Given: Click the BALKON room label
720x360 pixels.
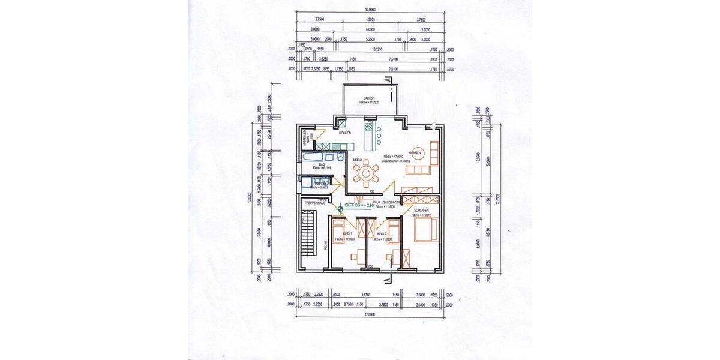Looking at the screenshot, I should [368, 98].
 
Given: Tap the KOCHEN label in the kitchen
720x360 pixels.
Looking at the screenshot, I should [344, 133].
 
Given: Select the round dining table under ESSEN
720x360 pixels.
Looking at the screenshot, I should [365, 174].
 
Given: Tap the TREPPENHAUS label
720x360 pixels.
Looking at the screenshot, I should [314, 203].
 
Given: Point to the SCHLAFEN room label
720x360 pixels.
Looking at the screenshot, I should [421, 210].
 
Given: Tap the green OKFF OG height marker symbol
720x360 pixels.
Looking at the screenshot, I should [340, 208].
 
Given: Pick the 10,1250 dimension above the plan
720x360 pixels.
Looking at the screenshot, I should [377, 50].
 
